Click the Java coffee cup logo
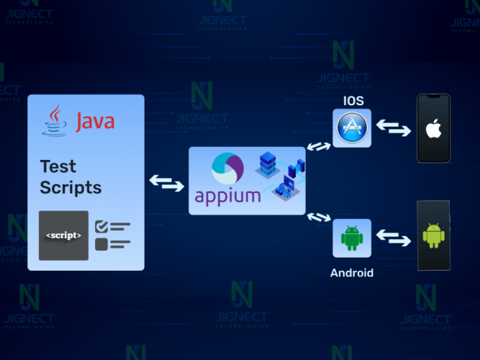[54, 120]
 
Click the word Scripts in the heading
[71, 188]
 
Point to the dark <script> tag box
[63, 235]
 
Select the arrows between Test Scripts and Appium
[166, 183]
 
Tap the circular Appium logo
[227, 171]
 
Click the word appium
[227, 197]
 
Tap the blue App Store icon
[352, 128]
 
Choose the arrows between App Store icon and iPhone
[394, 128]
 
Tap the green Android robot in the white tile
[352, 238]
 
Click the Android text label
[351, 274]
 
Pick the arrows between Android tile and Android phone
[394, 236]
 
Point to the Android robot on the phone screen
[433, 235]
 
